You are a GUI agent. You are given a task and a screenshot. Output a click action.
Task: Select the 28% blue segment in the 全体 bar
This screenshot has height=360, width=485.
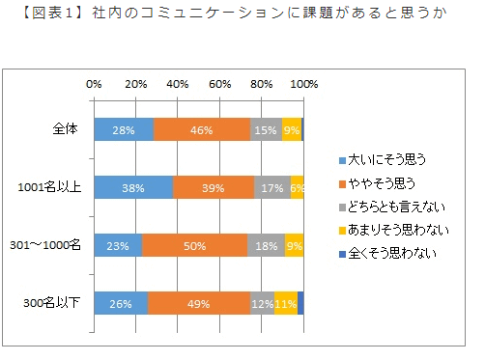123,129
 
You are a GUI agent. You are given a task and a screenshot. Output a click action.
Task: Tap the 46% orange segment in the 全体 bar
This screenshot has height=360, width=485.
201,129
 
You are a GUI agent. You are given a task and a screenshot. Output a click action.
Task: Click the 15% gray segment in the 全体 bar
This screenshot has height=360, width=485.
266,129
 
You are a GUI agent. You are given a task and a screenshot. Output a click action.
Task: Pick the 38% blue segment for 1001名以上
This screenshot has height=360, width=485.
133,187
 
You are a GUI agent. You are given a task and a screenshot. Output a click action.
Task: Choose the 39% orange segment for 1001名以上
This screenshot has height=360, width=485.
214,187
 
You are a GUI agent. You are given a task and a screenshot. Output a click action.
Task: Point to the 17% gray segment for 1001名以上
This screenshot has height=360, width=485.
272,187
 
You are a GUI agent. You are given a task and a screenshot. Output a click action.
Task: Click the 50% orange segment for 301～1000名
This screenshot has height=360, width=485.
194,245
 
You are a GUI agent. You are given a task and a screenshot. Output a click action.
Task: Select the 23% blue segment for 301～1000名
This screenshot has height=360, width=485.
118,245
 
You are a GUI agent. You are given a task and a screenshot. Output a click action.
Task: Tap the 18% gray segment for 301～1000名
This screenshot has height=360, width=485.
266,245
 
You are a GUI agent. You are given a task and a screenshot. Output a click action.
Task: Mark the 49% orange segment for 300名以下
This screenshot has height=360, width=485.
199,303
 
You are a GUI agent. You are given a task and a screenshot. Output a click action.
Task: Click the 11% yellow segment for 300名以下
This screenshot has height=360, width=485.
286,303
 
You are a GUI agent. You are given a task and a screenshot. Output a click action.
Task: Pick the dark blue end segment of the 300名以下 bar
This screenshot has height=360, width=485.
300,303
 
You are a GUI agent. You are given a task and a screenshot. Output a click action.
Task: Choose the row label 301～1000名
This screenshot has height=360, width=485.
53,246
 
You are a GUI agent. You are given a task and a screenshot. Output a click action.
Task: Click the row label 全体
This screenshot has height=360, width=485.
67,130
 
